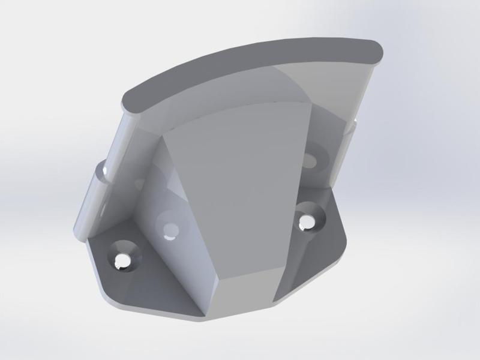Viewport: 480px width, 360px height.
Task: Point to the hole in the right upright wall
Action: tap(310, 160)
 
